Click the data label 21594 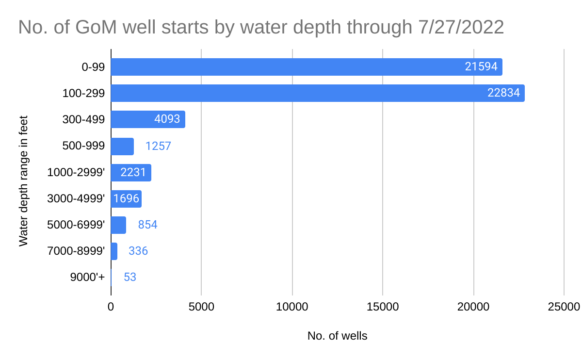481,67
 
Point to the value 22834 503,93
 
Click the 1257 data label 158,146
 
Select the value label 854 148,225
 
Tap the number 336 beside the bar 138,251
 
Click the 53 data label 130,278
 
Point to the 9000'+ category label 87,278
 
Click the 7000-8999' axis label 77,251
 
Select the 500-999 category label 83,146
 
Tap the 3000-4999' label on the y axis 77,198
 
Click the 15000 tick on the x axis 383,307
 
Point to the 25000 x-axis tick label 564,307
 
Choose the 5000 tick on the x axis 201,307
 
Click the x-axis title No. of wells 337,336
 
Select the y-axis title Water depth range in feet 23,180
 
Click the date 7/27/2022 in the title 460,27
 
